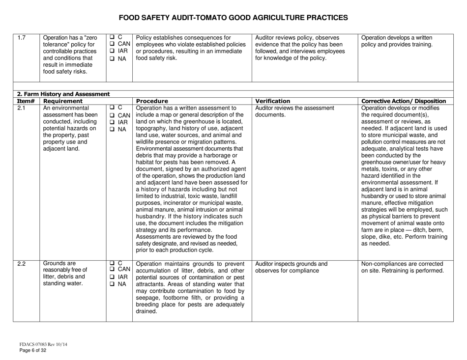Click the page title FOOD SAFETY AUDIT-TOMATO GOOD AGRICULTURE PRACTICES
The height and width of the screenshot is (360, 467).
click(233, 18)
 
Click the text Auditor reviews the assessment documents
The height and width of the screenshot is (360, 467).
click(287, 111)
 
